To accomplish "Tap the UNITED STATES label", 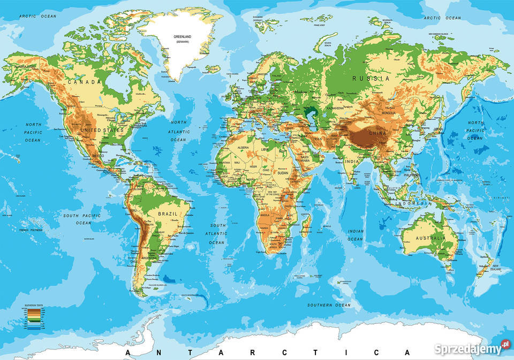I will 102,130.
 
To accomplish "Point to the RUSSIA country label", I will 371,78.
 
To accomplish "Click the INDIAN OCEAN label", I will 356,235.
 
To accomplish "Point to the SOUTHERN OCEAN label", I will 329,305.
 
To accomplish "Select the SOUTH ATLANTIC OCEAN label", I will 217,234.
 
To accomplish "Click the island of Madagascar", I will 306,225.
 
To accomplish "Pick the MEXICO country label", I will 99,156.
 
